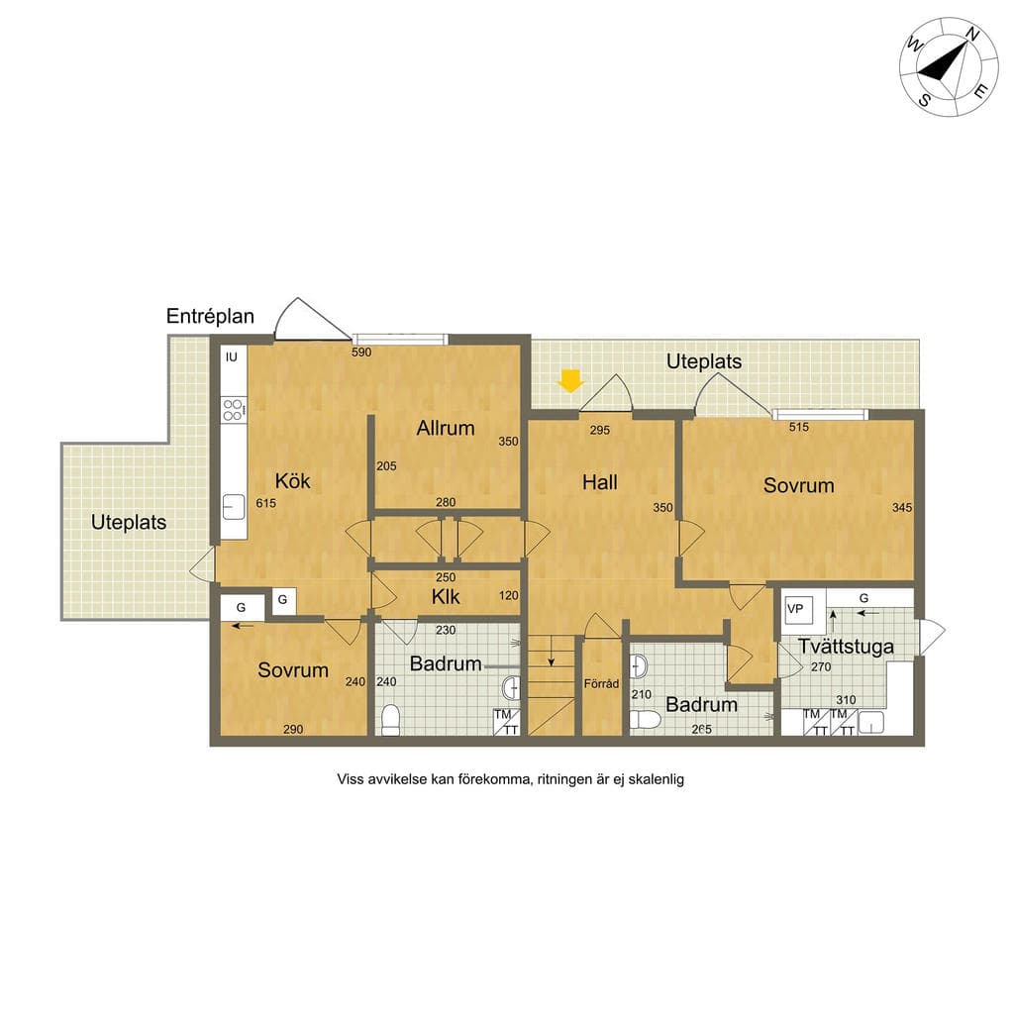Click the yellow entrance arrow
pyautogui.click(x=570, y=380)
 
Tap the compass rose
pyautogui.click(x=949, y=66)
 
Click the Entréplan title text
pyautogui.click(x=210, y=316)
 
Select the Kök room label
pyautogui.click(x=292, y=481)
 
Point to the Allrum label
pyautogui.click(x=446, y=428)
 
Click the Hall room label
pyautogui.click(x=599, y=482)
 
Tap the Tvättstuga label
pyautogui.click(x=846, y=647)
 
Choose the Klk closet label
pyautogui.click(x=446, y=597)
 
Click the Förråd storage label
pyautogui.click(x=601, y=683)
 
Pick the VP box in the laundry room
pyautogui.click(x=797, y=609)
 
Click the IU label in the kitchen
pyautogui.click(x=232, y=356)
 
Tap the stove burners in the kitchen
pyautogui.click(x=233, y=410)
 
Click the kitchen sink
pyautogui.click(x=234, y=507)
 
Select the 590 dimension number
pyautogui.click(x=361, y=353)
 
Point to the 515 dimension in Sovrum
pyautogui.click(x=799, y=427)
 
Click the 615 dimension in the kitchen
pyautogui.click(x=265, y=503)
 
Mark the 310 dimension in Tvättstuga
pyautogui.click(x=846, y=700)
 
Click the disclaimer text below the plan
pyautogui.click(x=510, y=779)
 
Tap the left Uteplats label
pyautogui.click(x=129, y=523)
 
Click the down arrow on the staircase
pyautogui.click(x=551, y=652)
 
